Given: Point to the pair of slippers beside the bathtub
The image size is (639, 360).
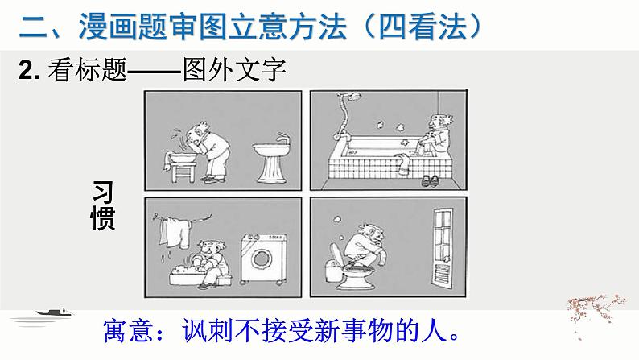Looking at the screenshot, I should pos(430,180).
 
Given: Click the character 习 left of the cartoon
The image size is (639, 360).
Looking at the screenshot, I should pos(102,192).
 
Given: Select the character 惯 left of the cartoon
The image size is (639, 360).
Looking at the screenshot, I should pos(102,217).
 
